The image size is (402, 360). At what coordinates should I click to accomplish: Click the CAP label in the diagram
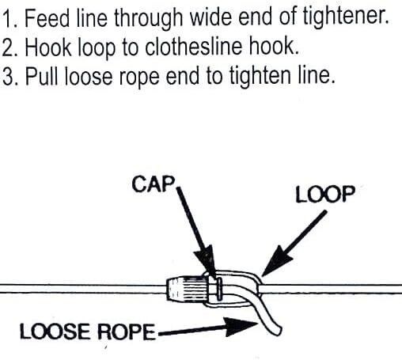pos(154,184)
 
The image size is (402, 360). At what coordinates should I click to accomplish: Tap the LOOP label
pos(325,194)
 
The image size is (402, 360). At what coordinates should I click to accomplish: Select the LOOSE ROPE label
pos(87,332)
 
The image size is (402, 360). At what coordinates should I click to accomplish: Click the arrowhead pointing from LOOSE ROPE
pos(239,327)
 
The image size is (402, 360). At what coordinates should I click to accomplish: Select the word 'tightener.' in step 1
pos(346,18)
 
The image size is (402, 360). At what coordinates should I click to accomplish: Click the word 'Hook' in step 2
pos(48,47)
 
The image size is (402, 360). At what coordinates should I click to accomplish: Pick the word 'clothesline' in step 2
pos(193,47)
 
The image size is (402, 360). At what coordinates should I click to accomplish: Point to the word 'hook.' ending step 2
pos(274,47)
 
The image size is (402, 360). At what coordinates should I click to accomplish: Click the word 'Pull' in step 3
pos(41,76)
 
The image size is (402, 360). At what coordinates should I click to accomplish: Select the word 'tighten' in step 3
pos(259,77)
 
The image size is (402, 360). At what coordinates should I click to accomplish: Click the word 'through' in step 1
pos(148,19)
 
